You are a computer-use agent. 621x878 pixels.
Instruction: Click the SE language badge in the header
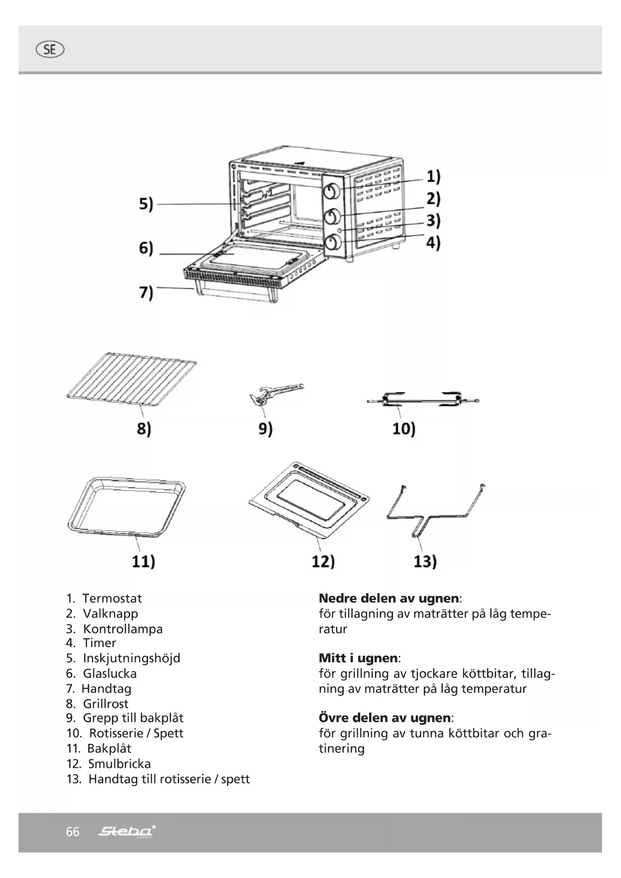pyautogui.click(x=50, y=50)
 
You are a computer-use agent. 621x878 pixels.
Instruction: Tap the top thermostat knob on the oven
pyautogui.click(x=332, y=191)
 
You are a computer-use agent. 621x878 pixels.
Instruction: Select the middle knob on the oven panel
pyautogui.click(x=332, y=217)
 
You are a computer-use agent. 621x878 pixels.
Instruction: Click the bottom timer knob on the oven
pyautogui.click(x=332, y=243)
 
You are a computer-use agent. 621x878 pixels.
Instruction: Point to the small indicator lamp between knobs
pyautogui.click(x=340, y=230)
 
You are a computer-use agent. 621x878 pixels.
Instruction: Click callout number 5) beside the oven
pyautogui.click(x=146, y=204)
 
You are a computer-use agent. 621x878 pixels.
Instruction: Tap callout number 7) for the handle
pyautogui.click(x=146, y=292)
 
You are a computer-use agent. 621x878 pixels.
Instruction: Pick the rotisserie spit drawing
pyautogui.click(x=423, y=400)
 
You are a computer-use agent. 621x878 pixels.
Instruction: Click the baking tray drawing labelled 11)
pyautogui.click(x=126, y=507)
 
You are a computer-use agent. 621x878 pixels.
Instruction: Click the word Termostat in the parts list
pyautogui.click(x=112, y=598)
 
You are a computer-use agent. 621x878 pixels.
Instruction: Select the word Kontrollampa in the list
pyautogui.click(x=123, y=629)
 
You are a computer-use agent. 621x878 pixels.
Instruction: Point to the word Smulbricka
pyautogui.click(x=119, y=763)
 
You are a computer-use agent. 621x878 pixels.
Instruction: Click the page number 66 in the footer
pyautogui.click(x=73, y=831)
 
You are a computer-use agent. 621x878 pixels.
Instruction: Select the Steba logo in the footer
pyautogui.click(x=127, y=831)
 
